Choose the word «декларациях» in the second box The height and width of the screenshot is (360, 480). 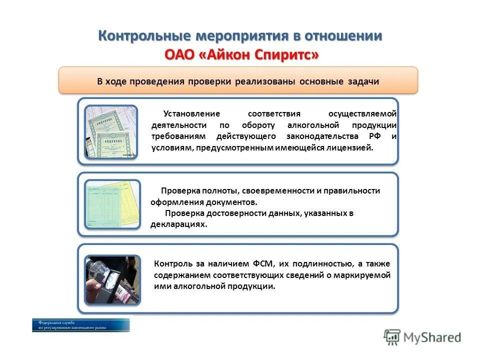click(178, 225)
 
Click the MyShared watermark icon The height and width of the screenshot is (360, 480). click(393, 337)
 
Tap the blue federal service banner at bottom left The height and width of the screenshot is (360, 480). click(80, 325)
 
